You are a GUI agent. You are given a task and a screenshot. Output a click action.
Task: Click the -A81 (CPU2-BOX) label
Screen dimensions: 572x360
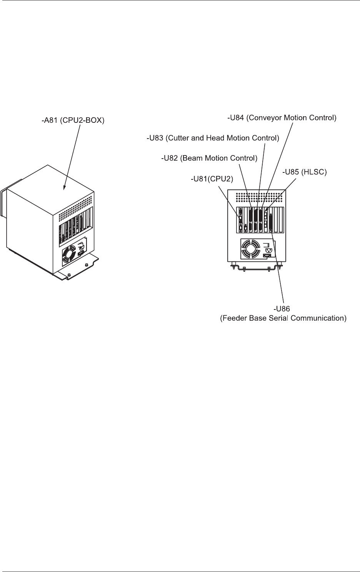[x=73, y=120]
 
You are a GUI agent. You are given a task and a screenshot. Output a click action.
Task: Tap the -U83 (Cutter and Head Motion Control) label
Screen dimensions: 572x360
[x=213, y=138]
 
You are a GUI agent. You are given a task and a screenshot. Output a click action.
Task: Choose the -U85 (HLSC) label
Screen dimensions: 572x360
[x=304, y=173]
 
